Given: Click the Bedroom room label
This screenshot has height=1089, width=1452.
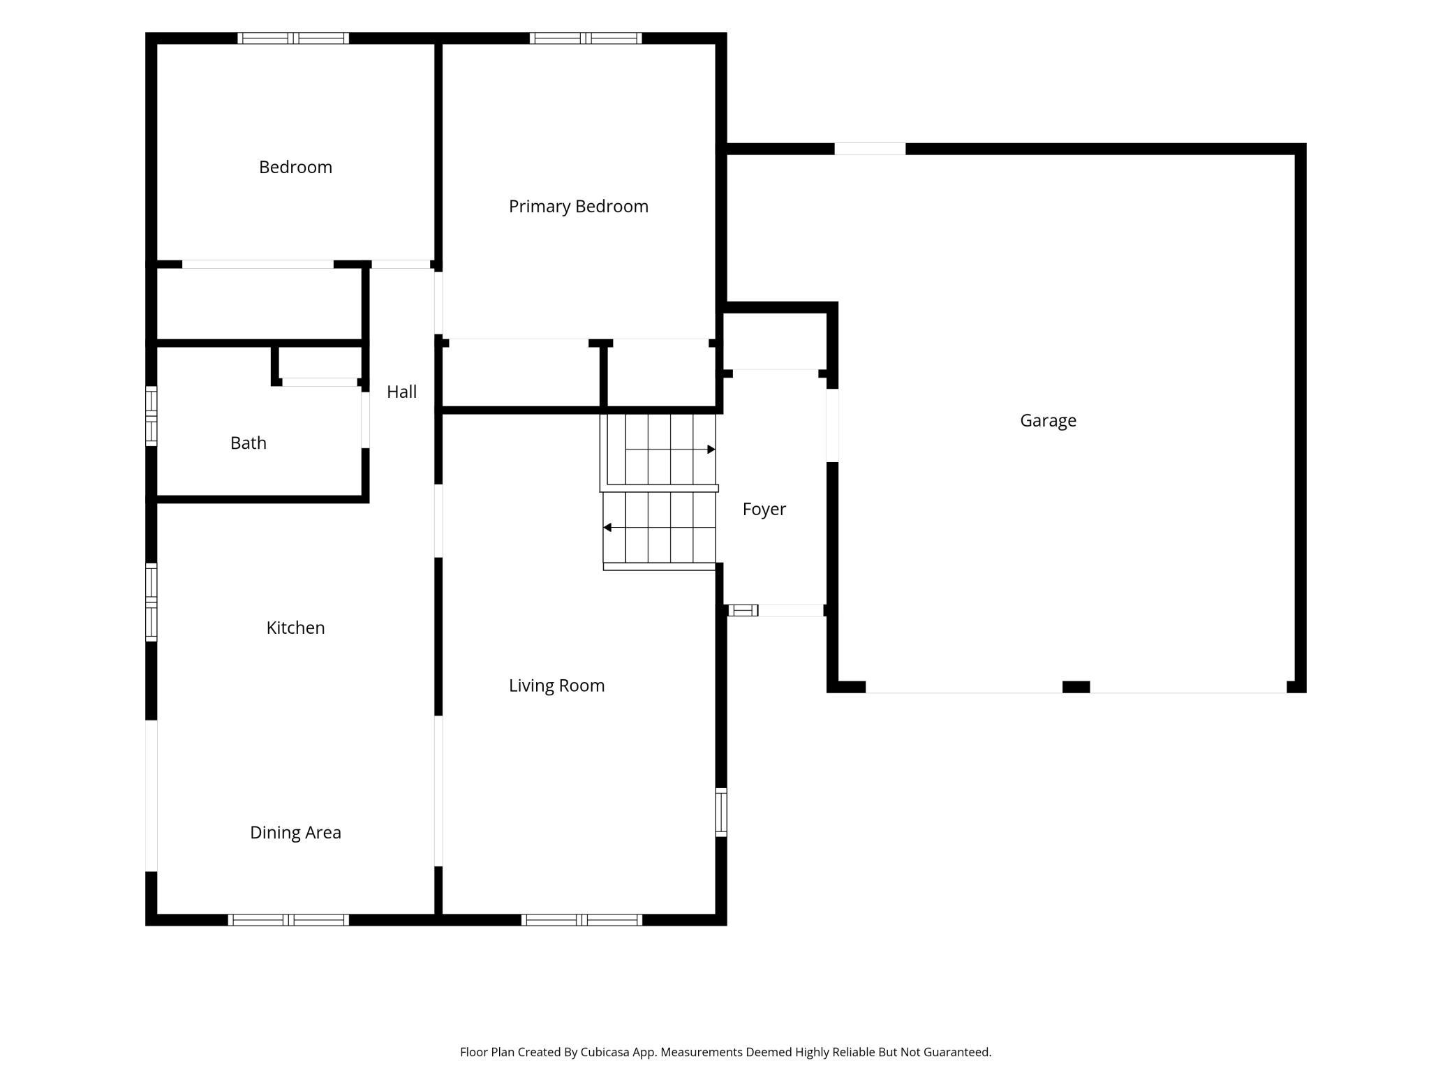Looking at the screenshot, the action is (x=295, y=168).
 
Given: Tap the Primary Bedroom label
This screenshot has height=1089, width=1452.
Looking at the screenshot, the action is (x=579, y=207).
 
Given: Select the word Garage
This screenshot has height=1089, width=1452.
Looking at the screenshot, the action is (x=1048, y=421).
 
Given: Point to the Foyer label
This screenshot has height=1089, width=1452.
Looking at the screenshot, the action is (x=764, y=510).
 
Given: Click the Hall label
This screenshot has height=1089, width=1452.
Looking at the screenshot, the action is (x=402, y=392).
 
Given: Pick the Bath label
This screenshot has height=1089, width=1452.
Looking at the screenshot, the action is (x=249, y=443).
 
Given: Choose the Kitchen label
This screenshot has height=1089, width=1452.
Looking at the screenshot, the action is (x=295, y=628).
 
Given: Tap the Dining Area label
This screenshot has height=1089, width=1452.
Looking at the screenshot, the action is (x=295, y=832).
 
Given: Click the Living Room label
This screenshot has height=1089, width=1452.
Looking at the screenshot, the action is (x=556, y=686).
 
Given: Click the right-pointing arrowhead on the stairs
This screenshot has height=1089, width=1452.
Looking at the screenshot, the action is (x=711, y=450).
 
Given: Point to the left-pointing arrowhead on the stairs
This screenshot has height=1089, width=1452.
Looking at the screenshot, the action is (x=607, y=528).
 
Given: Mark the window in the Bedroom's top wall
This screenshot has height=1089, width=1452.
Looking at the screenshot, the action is (x=293, y=38).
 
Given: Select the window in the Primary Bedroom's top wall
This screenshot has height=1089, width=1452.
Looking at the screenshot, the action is (x=586, y=38).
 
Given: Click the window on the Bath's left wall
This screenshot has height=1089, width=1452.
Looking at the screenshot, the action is (x=151, y=416).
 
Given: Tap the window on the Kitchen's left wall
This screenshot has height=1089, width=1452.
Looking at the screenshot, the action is (x=151, y=602).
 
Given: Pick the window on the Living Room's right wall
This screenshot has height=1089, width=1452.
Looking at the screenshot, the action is (x=721, y=812).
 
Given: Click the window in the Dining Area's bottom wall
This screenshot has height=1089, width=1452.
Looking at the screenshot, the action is (x=288, y=920).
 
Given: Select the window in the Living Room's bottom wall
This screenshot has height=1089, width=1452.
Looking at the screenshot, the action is (x=581, y=920).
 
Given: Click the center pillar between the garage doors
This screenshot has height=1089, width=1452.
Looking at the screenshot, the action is (x=1076, y=687).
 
